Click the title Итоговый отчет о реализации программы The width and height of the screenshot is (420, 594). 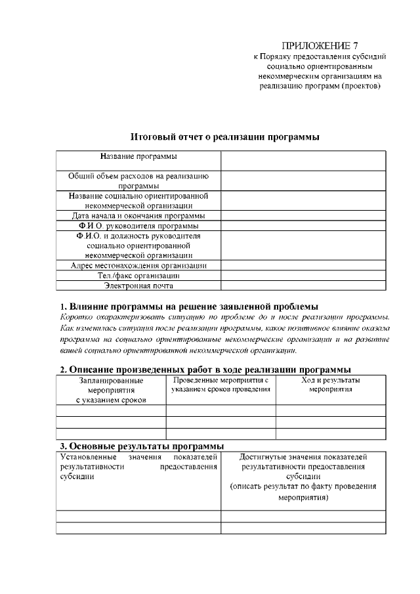pyautogui.click(x=225, y=137)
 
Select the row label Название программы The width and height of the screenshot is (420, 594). pyautogui.click(x=138, y=156)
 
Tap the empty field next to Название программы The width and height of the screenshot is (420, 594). pyautogui.click(x=303, y=161)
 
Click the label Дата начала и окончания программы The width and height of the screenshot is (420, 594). pyautogui.click(x=138, y=215)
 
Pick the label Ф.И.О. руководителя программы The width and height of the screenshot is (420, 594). pyautogui.click(x=138, y=226)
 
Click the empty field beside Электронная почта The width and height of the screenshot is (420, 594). pyautogui.click(x=303, y=286)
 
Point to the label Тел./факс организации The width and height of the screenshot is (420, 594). pyautogui.click(x=138, y=276)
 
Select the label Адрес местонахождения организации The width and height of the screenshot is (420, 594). pyautogui.click(x=138, y=266)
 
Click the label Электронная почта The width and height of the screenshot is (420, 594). pyautogui.click(x=138, y=286)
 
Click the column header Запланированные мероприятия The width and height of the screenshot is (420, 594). pyautogui.click(x=111, y=390)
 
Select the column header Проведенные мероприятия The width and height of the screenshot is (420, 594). pyautogui.click(x=220, y=385)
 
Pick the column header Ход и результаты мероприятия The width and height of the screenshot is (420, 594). pyautogui.click(x=330, y=385)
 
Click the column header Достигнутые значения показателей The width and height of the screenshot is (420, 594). pyautogui.click(x=303, y=476)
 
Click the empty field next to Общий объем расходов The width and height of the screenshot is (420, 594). pyautogui.click(x=303, y=180)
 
